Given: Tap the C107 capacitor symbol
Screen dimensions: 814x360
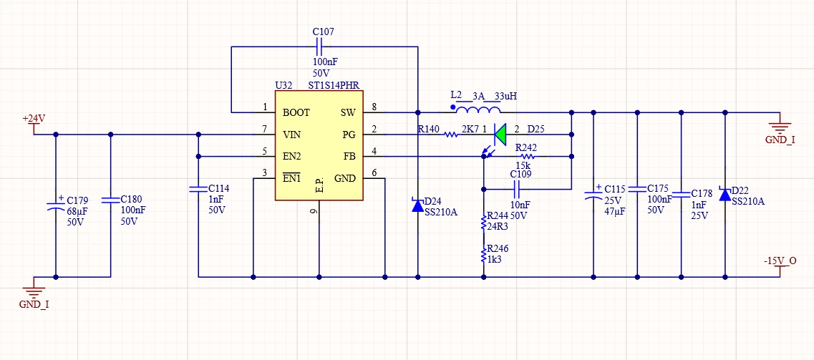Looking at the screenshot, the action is [319, 47].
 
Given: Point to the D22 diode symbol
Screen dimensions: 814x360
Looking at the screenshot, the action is [725, 194].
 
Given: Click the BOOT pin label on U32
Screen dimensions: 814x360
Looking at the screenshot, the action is [296, 112].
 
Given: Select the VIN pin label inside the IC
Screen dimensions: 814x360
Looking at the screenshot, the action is [292, 135].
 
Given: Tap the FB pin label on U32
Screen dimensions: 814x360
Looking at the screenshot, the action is [349, 157].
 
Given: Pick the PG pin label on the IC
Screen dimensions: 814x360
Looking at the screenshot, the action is [349, 135].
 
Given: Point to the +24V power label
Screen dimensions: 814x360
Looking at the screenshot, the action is [34, 118].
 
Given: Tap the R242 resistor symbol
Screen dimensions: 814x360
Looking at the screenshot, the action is [528, 156].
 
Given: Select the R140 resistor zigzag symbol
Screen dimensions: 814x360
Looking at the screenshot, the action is [450, 135].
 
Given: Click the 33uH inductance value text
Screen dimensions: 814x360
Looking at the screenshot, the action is [506, 96].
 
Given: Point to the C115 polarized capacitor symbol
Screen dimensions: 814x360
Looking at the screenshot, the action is [593, 194].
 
